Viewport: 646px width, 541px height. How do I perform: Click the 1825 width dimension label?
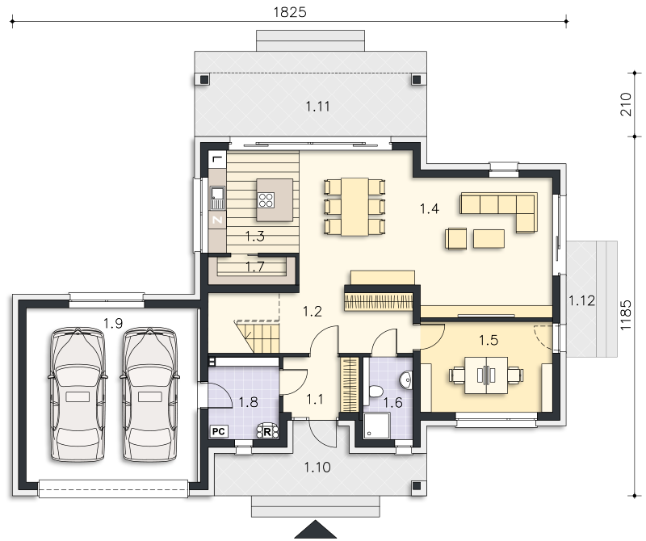[x=290, y=12]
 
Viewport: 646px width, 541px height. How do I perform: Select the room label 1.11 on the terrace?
[x=317, y=107]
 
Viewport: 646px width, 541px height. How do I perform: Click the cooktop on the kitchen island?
[x=266, y=199]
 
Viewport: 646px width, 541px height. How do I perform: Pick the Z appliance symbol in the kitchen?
[x=217, y=220]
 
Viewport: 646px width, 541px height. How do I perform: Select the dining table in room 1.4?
[x=354, y=207]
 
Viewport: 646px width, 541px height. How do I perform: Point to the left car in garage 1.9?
[x=78, y=394]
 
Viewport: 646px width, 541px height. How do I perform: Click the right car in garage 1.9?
[x=150, y=394]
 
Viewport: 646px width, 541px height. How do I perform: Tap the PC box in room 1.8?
[x=218, y=431]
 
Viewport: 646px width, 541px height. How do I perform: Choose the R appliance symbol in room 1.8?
[x=267, y=431]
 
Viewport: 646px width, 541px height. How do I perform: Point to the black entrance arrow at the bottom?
[x=316, y=530]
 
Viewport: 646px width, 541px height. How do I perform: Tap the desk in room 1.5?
[x=486, y=375]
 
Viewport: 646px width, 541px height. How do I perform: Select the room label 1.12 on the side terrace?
[x=581, y=301]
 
